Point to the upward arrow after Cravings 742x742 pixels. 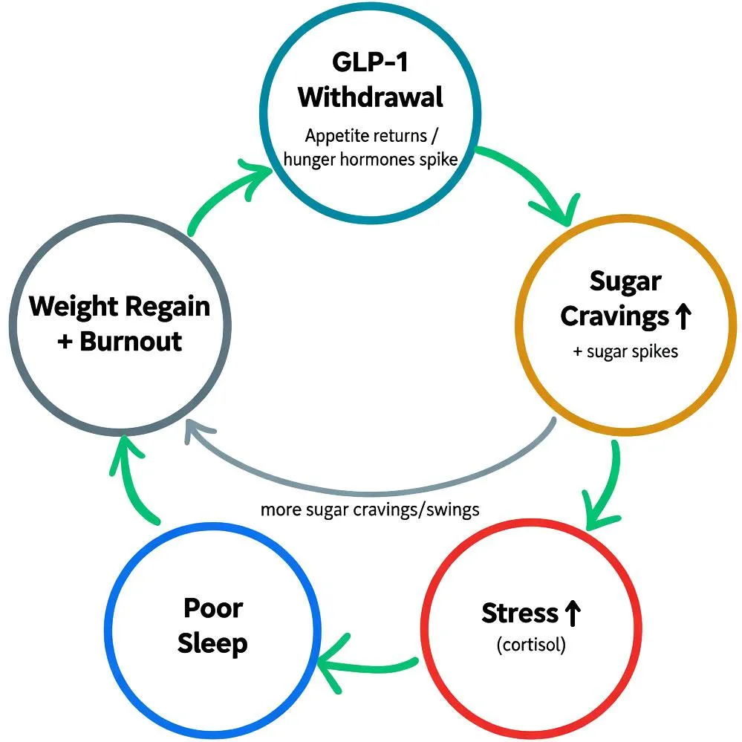683,317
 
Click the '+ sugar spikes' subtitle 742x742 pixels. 625,351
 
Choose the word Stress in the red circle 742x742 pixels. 519,614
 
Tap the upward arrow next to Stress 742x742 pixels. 572,614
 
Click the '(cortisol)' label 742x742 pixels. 530,645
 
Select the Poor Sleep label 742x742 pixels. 213,625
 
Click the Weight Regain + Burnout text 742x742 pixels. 120,324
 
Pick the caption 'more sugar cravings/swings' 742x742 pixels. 369,510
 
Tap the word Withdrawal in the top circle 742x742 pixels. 371,97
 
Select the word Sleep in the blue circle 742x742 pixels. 213,643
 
